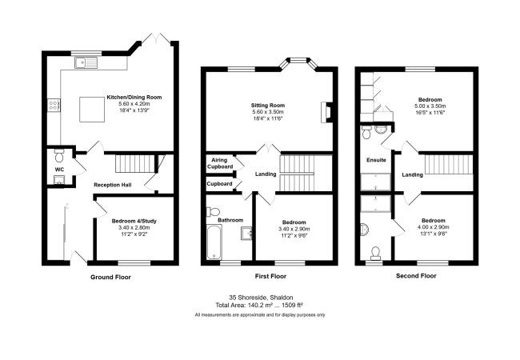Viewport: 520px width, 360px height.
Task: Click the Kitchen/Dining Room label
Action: point(134,98)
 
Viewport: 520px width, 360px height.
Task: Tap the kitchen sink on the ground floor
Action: point(86,62)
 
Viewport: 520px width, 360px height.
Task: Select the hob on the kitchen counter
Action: point(54,105)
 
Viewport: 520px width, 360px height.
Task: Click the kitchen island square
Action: point(92,109)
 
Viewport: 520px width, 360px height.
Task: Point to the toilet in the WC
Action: point(59,156)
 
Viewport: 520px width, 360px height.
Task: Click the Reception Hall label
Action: point(113,185)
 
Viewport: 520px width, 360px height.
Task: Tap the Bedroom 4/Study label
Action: point(134,221)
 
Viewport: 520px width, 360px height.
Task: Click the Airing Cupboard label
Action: point(220,163)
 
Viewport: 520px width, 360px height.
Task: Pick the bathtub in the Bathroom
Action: point(214,242)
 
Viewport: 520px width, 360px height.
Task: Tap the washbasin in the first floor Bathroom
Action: point(246,233)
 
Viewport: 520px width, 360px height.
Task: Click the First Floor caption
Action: point(270,276)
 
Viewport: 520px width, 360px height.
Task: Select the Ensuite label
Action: point(376,160)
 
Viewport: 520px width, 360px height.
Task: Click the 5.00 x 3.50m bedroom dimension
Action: point(430,106)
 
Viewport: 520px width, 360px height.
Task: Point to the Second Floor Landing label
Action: point(412,174)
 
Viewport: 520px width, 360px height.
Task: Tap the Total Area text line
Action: point(259,305)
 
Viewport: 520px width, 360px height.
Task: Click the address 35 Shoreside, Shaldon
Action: point(261,298)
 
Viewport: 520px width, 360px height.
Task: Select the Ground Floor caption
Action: point(110,277)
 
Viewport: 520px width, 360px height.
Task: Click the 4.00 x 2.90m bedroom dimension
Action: point(433,227)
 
